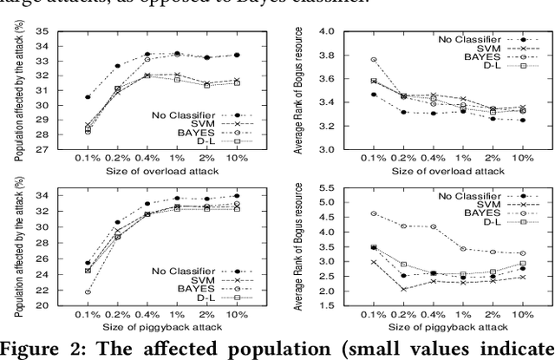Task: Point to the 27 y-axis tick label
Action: tap(40, 148)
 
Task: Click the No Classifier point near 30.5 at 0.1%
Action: tap(64, 97)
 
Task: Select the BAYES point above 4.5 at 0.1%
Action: tap(349, 213)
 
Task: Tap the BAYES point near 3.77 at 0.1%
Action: tap(349, 60)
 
